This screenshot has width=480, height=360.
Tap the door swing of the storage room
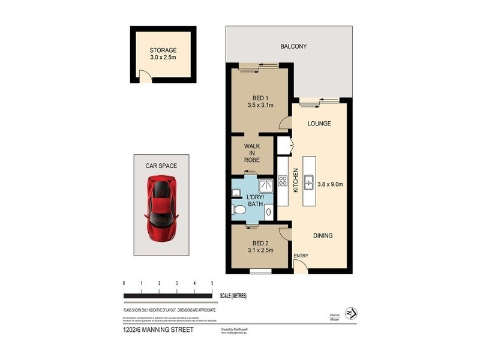[x=145, y=76]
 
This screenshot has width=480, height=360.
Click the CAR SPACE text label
[x=160, y=164]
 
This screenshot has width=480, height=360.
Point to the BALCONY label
[x=293, y=46]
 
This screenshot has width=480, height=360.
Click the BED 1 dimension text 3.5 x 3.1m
[x=260, y=106]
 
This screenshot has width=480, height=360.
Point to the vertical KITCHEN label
[x=295, y=181]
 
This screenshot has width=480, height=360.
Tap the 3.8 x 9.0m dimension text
[x=329, y=185]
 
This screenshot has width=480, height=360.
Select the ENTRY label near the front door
[x=300, y=257]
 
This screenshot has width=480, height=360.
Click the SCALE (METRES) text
[x=233, y=296]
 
